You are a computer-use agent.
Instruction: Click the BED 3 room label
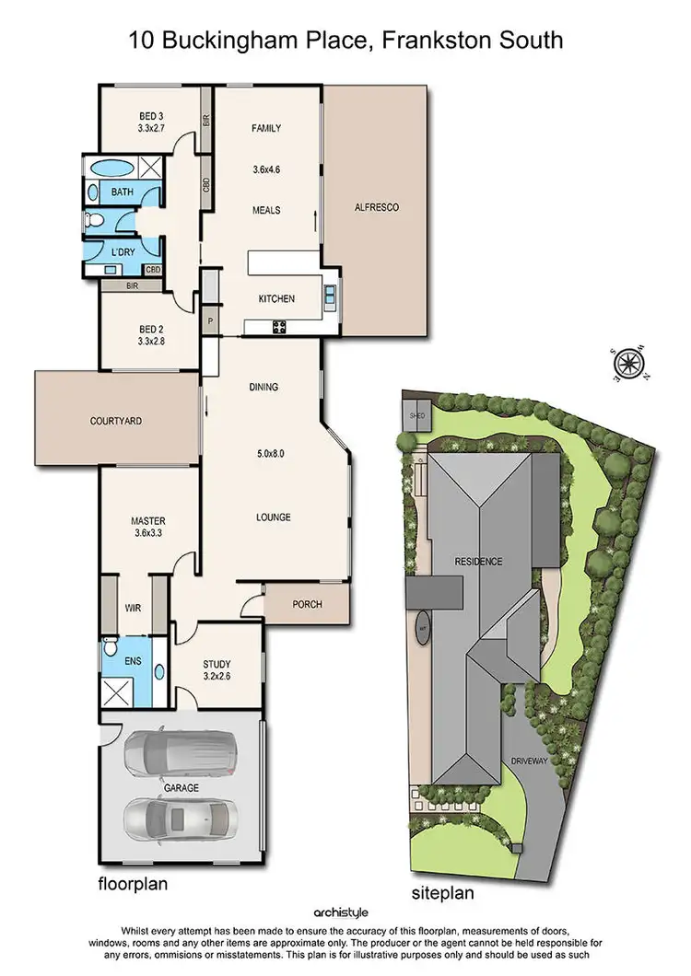(x=150, y=115)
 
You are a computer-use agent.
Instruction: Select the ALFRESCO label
(x=376, y=208)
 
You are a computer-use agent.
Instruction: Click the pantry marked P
(x=211, y=321)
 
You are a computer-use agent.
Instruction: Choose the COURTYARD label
(x=116, y=421)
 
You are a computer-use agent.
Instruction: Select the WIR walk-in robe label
(x=133, y=608)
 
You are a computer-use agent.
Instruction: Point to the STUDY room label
(x=217, y=664)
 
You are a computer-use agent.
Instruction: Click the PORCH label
(x=305, y=605)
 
